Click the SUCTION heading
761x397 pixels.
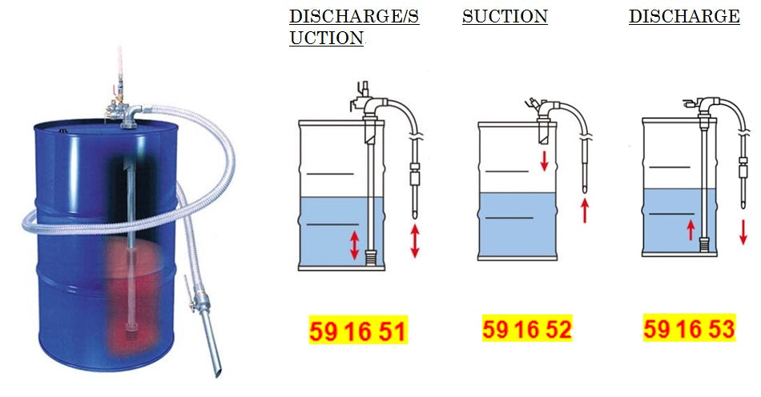pyautogui.click(x=505, y=16)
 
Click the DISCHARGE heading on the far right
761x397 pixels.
pyautogui.click(x=684, y=16)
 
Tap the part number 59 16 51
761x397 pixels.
pyautogui.click(x=358, y=330)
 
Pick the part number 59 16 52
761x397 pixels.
pyautogui.click(x=527, y=329)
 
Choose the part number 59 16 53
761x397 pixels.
pyautogui.click(x=689, y=329)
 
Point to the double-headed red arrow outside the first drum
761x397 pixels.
pyautogui.click(x=415, y=241)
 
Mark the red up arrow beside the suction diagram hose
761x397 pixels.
pyautogui.click(x=585, y=210)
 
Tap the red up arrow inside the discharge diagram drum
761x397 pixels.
pyautogui.click(x=691, y=230)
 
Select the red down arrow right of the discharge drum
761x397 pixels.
pyautogui.click(x=743, y=231)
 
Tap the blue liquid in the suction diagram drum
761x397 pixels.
pyautogui.click(x=517, y=229)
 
